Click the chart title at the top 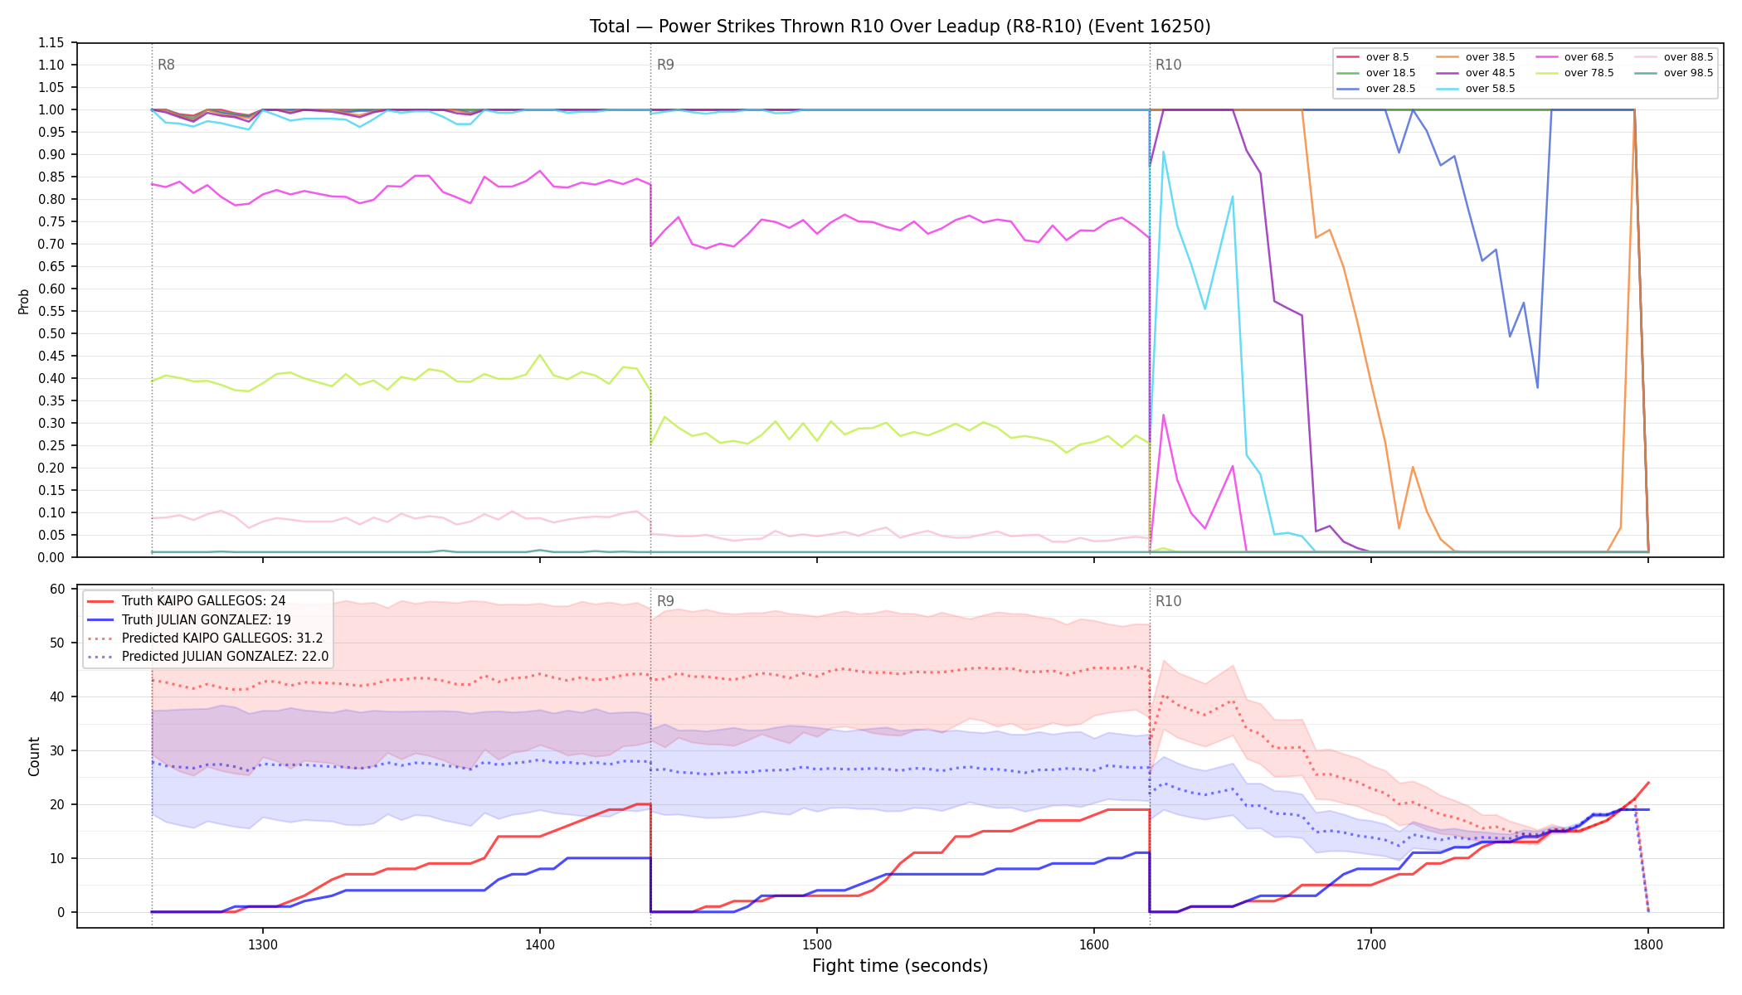point(900,27)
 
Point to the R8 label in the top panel point(166,65)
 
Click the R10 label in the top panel point(1168,65)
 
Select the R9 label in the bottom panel point(665,601)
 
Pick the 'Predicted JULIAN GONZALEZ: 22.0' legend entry point(208,657)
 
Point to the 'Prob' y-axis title point(23,301)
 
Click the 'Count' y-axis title point(34,756)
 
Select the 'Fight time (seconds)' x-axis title point(900,966)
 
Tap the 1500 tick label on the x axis point(817,944)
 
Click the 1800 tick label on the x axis point(1648,944)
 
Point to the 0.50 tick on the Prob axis point(51,333)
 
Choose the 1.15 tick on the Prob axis point(51,42)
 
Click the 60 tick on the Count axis point(57,589)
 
